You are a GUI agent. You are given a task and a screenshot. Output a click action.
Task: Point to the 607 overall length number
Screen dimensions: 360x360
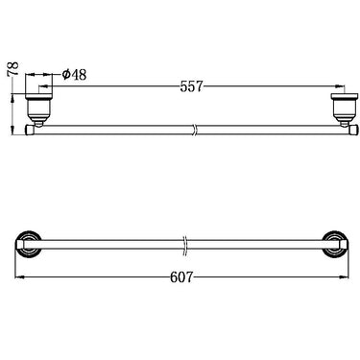coord(182,277)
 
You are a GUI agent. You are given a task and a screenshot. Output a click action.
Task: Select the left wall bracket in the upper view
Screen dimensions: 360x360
coord(37,108)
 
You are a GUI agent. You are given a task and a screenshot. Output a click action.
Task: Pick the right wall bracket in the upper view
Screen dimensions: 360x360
coord(340,108)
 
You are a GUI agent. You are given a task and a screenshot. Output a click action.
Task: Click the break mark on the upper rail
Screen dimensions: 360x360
coord(194,127)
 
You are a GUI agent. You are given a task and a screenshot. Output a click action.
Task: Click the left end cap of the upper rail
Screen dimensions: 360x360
coord(29,127)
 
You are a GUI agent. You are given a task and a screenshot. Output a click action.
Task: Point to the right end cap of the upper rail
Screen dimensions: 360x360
coord(348,127)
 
